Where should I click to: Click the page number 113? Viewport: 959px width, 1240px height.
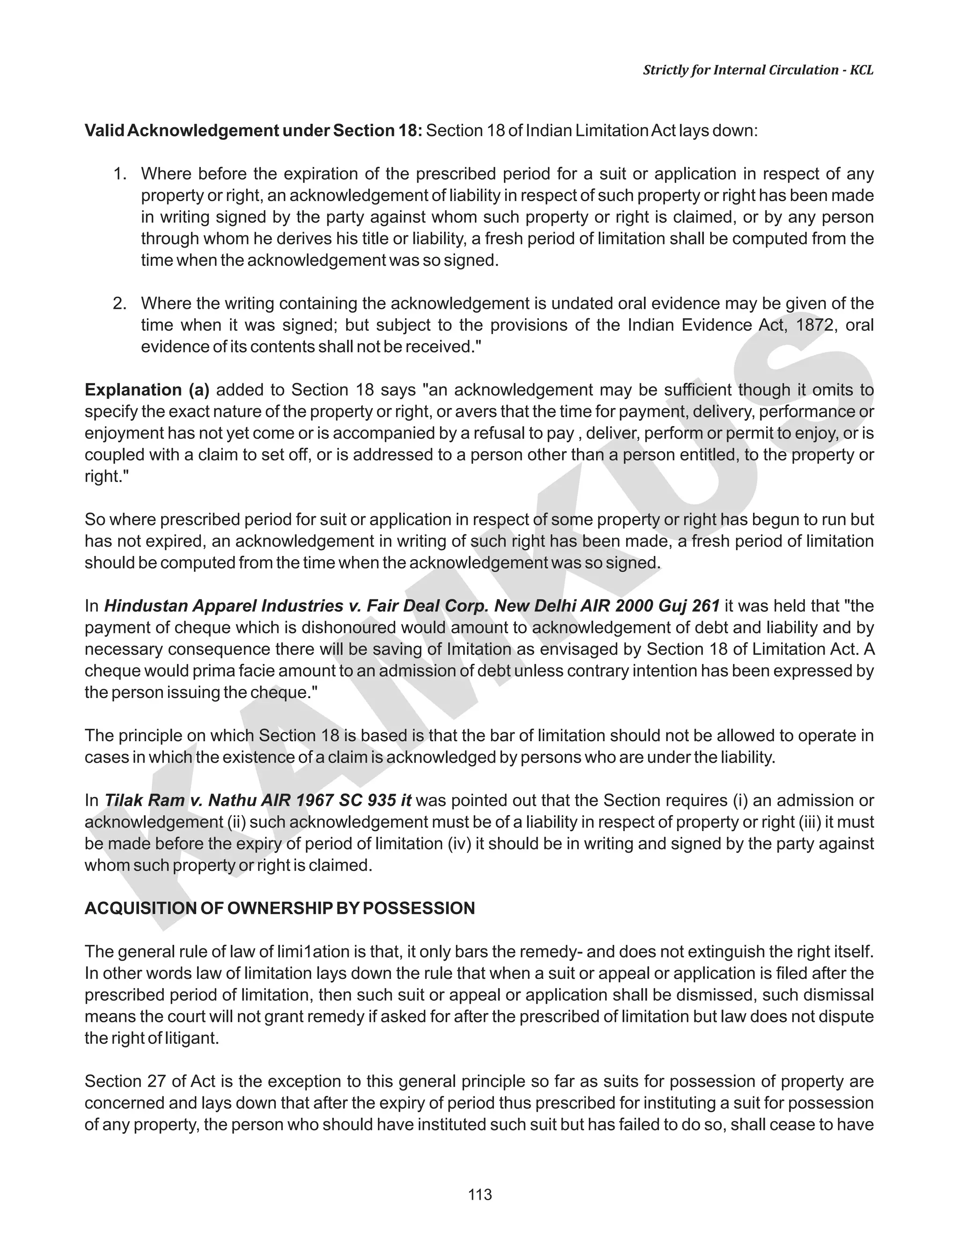tap(479, 1195)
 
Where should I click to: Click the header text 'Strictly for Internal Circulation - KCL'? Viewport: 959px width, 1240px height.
tap(758, 70)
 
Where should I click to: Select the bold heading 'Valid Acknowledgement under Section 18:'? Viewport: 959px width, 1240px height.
tap(253, 131)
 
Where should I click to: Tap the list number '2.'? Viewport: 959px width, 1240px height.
tap(119, 304)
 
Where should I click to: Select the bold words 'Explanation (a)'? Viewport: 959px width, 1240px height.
tap(147, 390)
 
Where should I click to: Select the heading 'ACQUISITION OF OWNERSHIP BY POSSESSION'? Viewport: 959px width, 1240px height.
tap(280, 908)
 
